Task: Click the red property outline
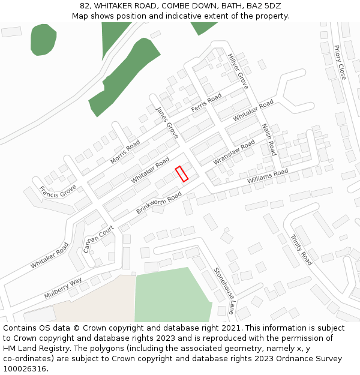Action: [182, 173]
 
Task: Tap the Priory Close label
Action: [340, 62]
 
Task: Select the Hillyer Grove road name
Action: [238, 71]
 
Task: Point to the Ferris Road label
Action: [206, 103]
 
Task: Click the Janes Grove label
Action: [167, 122]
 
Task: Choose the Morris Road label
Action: [125, 152]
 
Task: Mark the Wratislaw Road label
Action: [234, 153]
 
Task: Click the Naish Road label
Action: [268, 140]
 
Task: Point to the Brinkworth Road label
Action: [158, 203]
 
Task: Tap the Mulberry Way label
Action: [63, 289]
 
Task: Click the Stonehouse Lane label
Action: [224, 290]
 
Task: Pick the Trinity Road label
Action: [302, 250]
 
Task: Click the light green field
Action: [172, 296]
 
